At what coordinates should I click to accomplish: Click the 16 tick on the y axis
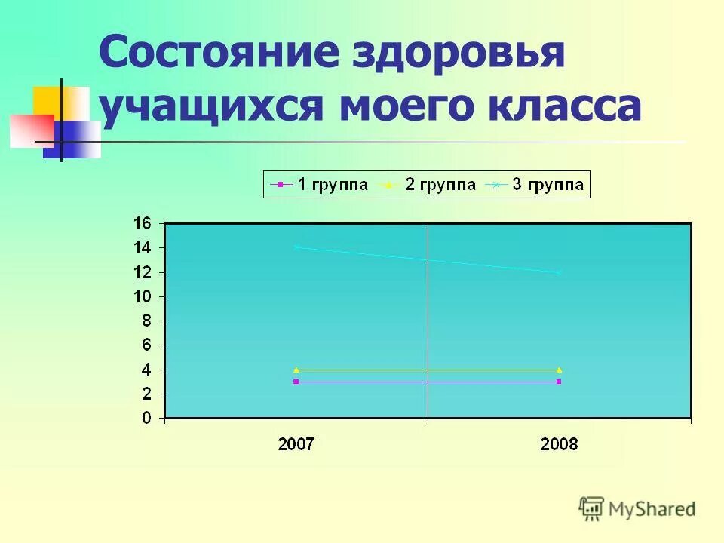coord(143,223)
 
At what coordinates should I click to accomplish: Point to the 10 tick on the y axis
coord(143,296)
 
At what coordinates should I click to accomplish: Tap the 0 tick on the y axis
coord(147,419)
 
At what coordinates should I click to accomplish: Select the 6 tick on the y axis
coord(147,345)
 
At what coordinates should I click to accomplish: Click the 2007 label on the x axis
coord(296,445)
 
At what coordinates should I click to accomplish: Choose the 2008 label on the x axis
coord(559,445)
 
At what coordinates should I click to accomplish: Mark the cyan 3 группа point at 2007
coord(296,247)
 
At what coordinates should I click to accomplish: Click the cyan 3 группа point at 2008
coord(559,272)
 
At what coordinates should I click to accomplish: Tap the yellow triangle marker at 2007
coord(296,370)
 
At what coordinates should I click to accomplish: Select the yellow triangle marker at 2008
coord(559,370)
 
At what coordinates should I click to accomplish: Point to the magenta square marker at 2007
coord(296,382)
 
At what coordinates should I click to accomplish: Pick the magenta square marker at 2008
coord(559,382)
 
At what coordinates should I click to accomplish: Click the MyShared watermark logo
coord(637,509)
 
